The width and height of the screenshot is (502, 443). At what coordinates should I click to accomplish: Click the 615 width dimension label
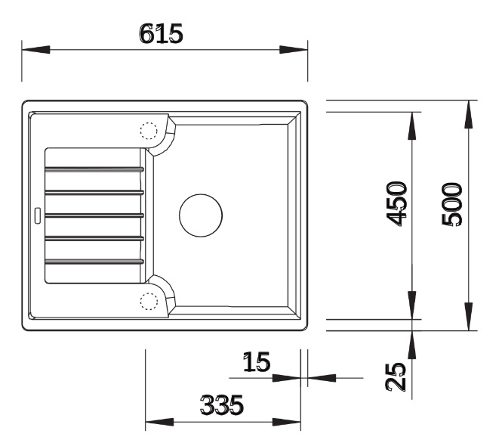(x=162, y=33)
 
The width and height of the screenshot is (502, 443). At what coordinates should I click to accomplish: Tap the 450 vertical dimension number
(x=397, y=204)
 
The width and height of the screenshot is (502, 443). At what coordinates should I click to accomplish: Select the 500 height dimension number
(x=451, y=204)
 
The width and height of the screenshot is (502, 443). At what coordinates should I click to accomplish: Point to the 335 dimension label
(x=221, y=404)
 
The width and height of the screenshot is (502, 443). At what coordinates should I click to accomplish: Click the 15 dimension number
(x=257, y=362)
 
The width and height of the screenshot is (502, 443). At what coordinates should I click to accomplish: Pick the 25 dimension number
(x=396, y=376)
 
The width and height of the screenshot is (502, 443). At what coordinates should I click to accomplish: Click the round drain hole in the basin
(x=201, y=215)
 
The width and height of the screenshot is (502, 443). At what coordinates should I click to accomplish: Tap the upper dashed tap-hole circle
(x=149, y=131)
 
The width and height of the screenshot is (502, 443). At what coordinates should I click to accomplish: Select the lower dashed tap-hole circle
(x=149, y=302)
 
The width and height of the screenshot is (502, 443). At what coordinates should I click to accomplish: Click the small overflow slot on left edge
(x=38, y=215)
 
